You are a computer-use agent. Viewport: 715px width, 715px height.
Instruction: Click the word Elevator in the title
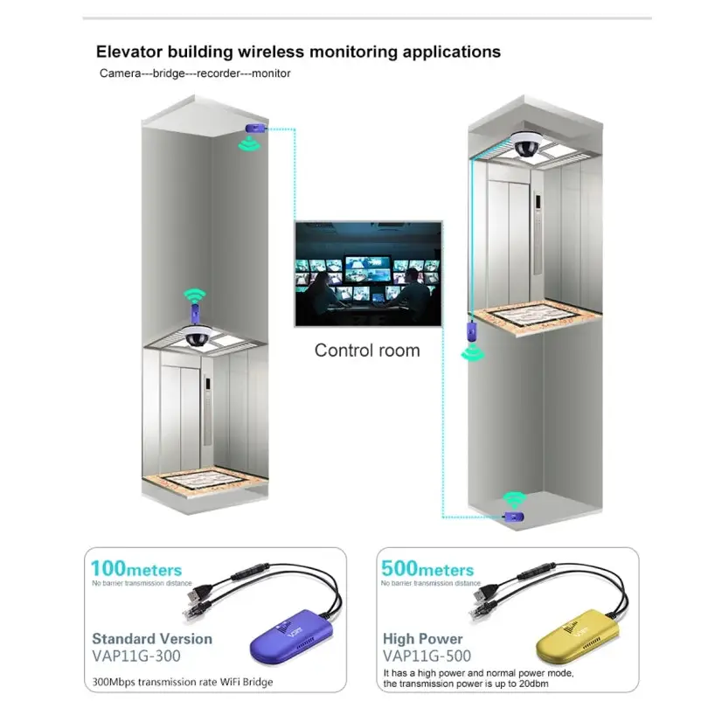[129, 52]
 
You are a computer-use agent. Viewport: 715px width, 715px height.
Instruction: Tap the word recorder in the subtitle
[219, 73]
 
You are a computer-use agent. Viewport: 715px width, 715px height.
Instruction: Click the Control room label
[367, 351]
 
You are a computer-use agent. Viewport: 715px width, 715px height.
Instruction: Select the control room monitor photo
[369, 274]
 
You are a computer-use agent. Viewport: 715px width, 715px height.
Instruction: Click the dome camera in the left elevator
[197, 337]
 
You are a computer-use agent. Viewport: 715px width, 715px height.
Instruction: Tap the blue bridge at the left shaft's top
[255, 128]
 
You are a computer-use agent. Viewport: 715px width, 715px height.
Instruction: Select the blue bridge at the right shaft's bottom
[514, 517]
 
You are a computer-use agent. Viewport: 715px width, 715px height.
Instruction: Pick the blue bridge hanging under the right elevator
[471, 332]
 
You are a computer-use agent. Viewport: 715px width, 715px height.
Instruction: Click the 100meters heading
[136, 569]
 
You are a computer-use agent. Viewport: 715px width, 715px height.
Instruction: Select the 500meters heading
[427, 569]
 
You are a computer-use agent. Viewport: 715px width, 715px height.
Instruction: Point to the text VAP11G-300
[136, 656]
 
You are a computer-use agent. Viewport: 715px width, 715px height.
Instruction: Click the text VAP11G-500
[427, 656]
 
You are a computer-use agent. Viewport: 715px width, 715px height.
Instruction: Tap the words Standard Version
[152, 638]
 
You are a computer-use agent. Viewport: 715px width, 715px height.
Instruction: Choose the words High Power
[423, 639]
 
